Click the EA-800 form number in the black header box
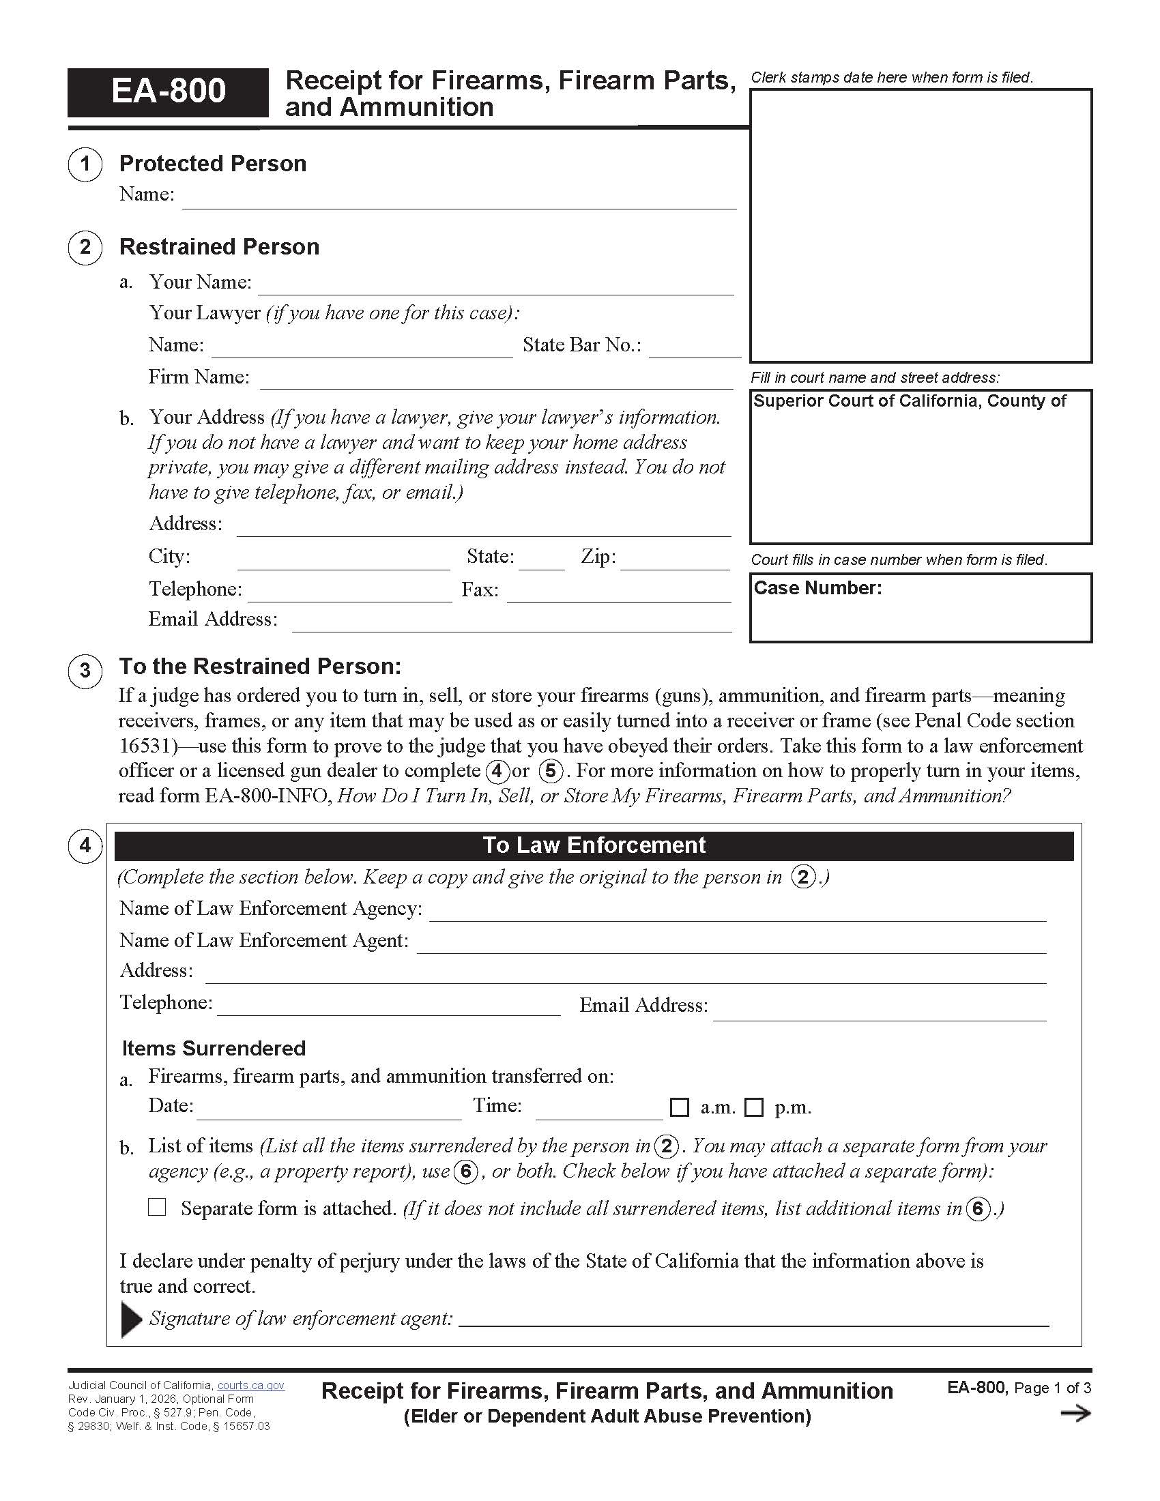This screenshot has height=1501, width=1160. [x=168, y=91]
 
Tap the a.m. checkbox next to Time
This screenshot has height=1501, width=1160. [x=679, y=1107]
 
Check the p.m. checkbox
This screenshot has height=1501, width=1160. [x=754, y=1107]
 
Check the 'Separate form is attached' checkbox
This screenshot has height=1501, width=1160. [x=158, y=1207]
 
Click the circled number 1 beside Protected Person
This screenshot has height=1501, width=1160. [x=85, y=164]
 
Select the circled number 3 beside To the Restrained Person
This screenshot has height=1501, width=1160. [x=85, y=670]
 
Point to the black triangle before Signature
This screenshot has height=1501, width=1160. [x=130, y=1319]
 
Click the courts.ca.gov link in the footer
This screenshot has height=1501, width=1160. [x=251, y=1386]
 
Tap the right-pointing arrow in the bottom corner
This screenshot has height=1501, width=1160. [x=1075, y=1414]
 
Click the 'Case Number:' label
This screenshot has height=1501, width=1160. [x=817, y=588]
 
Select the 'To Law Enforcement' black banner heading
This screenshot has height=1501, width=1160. [x=594, y=845]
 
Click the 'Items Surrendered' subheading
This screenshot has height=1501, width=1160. [x=214, y=1048]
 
